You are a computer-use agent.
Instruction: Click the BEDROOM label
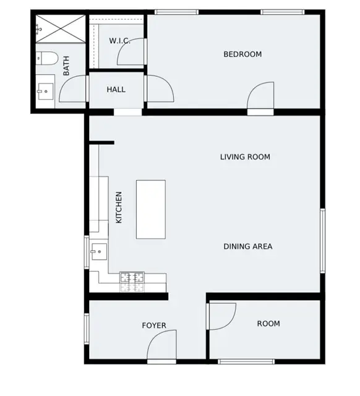(242, 54)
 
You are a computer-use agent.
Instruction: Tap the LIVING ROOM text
(245, 157)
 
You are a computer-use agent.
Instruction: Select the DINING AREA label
(247, 247)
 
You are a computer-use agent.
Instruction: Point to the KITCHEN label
(119, 207)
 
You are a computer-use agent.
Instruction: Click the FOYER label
(154, 325)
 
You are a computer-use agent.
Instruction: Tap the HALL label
(116, 90)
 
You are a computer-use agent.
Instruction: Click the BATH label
(66, 66)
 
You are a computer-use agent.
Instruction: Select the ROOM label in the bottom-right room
(268, 324)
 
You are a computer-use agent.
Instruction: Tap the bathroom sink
(45, 92)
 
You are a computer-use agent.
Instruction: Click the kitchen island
(151, 209)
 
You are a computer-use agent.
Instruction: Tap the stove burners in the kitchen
(132, 282)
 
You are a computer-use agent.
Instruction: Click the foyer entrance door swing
(162, 346)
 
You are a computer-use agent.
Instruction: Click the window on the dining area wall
(322, 240)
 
